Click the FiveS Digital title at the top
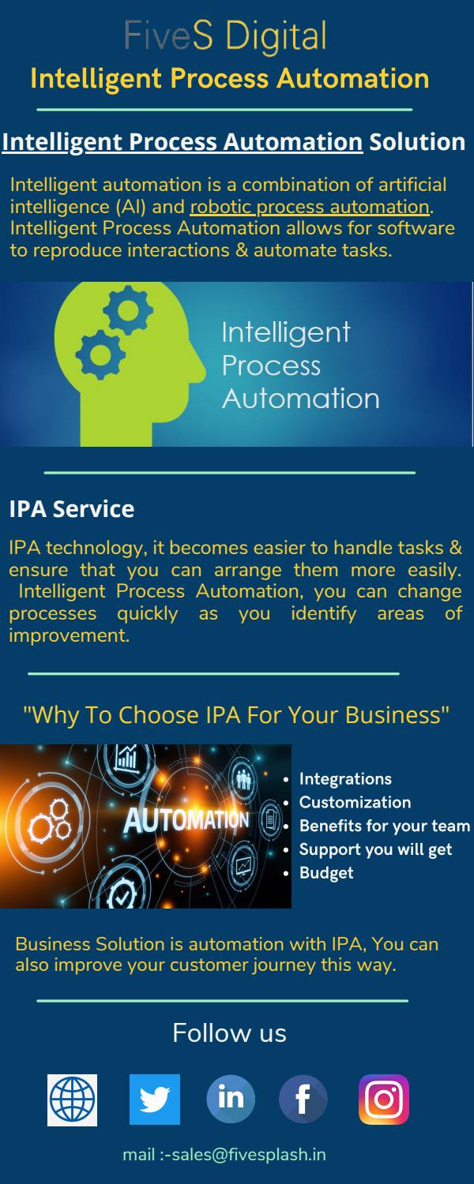(225, 37)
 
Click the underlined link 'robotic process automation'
(310, 207)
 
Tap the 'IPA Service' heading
(71, 509)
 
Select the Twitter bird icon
(155, 1099)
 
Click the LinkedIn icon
(231, 1099)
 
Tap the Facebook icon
(303, 1099)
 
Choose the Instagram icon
(384, 1099)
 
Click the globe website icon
(73, 1099)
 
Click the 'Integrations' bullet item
(345, 779)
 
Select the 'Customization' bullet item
(355, 803)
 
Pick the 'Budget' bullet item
(326, 873)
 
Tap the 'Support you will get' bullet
(375, 849)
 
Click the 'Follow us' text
(229, 1032)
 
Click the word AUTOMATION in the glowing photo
(186, 821)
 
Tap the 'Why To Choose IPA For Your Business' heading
(236, 715)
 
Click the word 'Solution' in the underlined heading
(417, 142)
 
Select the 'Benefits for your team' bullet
(385, 826)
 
